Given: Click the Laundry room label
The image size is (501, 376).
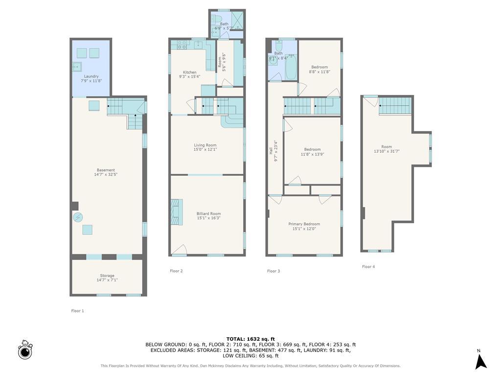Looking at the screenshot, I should [x=91, y=76].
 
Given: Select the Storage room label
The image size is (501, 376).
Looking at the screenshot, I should [x=107, y=276].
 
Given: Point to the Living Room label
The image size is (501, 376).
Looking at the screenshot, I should [x=205, y=145].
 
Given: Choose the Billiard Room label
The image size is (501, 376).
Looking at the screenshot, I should [x=208, y=213].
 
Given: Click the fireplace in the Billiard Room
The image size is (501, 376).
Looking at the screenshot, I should [x=176, y=212].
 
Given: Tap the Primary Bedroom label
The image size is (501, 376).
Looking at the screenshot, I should [x=304, y=224].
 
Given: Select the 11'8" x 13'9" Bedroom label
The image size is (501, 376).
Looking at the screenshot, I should [x=312, y=149].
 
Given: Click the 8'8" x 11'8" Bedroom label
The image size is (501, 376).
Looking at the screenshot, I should [x=319, y=67].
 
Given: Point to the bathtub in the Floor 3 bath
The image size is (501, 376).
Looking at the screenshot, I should [x=291, y=67].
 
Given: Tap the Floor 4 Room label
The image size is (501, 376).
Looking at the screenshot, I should [x=387, y=146].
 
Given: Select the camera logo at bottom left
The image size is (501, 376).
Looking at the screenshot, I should [x=25, y=350].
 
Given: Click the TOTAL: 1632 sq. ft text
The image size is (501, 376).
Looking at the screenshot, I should [x=250, y=339].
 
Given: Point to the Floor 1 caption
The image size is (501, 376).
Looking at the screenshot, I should [x=77, y=311].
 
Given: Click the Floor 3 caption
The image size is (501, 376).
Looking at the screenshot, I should [x=273, y=271].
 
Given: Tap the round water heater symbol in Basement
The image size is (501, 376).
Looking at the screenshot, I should [x=78, y=217].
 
